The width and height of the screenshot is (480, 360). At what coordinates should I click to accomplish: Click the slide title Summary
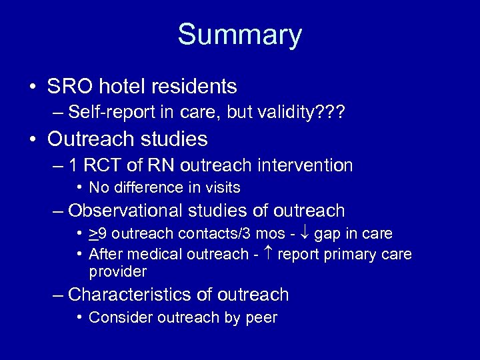click(239, 35)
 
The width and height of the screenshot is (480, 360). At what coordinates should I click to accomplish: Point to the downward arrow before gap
click(305, 234)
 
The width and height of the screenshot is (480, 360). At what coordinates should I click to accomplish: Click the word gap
click(327, 234)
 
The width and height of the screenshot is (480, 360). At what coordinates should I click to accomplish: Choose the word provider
click(117, 271)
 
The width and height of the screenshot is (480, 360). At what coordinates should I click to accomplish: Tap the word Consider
click(115, 317)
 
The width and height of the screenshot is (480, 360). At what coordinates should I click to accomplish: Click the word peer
click(263, 317)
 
